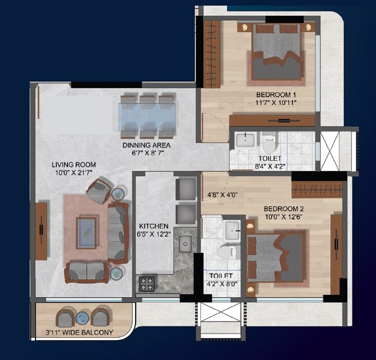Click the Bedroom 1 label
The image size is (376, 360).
(x=277, y=95)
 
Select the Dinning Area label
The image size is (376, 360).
(x=146, y=145)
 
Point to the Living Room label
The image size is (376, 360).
(x=74, y=165)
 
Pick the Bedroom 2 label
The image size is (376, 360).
(x=284, y=209)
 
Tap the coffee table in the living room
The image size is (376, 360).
(x=86, y=228)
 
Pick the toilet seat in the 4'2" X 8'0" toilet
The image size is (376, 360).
(x=224, y=252)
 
